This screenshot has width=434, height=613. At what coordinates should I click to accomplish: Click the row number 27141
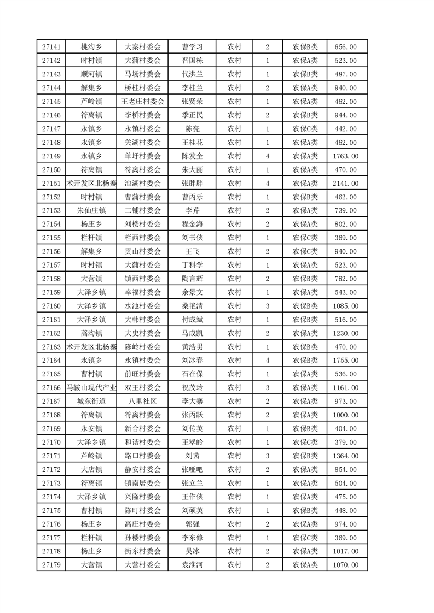click(51, 47)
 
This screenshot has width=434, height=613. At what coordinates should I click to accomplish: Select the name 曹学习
click(193, 47)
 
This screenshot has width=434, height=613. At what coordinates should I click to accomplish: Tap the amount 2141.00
click(346, 184)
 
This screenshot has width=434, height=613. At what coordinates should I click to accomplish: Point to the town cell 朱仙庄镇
click(91, 210)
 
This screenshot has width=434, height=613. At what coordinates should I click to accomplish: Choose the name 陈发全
click(193, 156)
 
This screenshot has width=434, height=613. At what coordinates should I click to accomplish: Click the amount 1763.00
click(346, 156)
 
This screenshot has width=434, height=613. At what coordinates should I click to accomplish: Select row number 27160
click(51, 306)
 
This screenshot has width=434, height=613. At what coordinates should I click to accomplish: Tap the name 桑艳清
click(193, 306)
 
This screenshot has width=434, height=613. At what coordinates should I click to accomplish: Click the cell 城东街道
click(91, 402)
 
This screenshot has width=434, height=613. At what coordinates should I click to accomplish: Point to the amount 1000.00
click(346, 415)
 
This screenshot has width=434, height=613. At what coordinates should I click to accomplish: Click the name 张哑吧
click(193, 470)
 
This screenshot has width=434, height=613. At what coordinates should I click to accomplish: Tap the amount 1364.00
click(346, 456)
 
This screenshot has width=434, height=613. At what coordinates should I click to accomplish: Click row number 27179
click(51, 565)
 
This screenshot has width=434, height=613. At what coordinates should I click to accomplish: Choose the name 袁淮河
click(193, 565)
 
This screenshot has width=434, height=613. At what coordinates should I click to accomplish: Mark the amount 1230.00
click(346, 333)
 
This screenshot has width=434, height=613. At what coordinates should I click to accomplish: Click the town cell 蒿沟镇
click(91, 333)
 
